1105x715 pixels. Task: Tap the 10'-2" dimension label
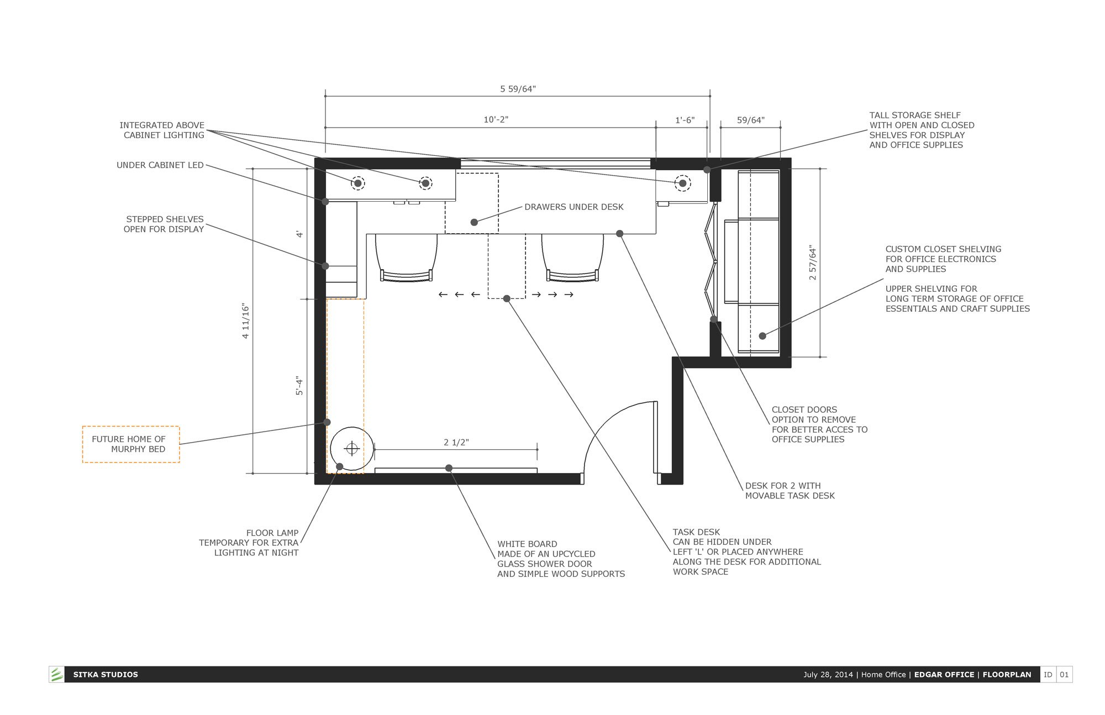[x=496, y=120]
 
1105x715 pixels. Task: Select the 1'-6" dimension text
[x=685, y=120]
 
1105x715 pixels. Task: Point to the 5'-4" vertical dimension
[x=299, y=386]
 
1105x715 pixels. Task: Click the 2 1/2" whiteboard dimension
[x=456, y=442]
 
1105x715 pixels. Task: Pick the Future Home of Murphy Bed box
[x=131, y=444]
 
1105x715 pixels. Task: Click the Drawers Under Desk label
[x=574, y=207]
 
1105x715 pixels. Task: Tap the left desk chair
[x=406, y=257]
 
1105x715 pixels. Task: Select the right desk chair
[x=572, y=257]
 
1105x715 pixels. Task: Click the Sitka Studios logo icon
[x=56, y=674]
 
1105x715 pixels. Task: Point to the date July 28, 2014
[x=827, y=675]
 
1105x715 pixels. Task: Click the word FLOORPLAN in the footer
[x=1007, y=675]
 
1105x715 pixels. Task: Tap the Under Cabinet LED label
[x=160, y=165]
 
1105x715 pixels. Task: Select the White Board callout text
[x=561, y=559]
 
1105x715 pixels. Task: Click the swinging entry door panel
[x=655, y=437]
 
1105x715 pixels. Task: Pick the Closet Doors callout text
[x=819, y=425]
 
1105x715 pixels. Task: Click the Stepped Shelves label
[x=164, y=224]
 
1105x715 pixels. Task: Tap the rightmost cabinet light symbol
[x=683, y=183]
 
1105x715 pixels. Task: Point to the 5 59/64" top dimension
[x=518, y=89]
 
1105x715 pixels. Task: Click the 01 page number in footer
[x=1064, y=675]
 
